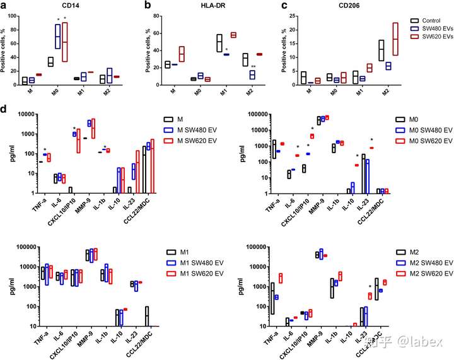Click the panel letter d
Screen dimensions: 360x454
4,110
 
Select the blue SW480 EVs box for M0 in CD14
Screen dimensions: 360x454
57,37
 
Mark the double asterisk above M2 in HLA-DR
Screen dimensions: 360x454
252,67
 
